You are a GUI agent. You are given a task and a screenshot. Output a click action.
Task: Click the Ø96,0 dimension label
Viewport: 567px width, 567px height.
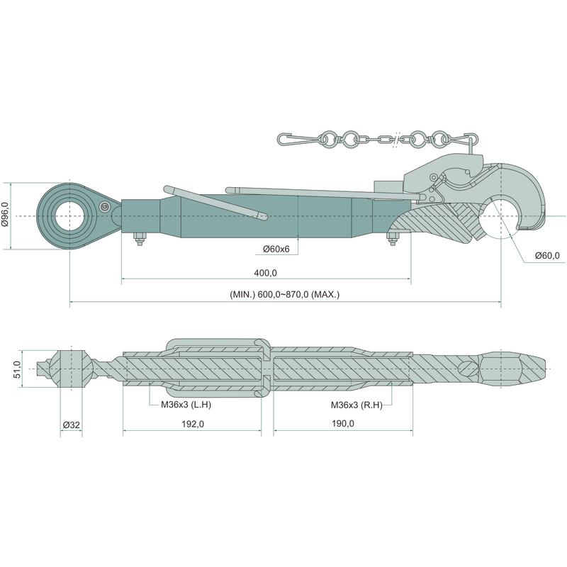click(5, 215)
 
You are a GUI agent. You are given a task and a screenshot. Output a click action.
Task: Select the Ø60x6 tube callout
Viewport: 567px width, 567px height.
click(276, 249)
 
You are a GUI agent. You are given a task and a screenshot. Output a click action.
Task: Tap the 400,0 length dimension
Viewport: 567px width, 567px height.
click(265, 273)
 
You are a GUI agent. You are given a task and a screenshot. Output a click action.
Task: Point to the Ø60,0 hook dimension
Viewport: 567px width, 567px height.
click(547, 256)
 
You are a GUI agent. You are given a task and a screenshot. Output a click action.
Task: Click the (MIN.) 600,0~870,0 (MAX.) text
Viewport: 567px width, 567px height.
click(285, 294)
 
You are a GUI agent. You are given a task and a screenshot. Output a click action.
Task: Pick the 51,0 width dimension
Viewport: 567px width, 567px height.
click(17, 369)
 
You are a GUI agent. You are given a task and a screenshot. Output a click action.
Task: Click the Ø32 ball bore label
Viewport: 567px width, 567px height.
click(72, 425)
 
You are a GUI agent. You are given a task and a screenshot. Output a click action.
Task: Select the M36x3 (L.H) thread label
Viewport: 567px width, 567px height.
click(186, 404)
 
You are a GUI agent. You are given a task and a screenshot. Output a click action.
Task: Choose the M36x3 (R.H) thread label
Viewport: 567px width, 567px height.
click(357, 405)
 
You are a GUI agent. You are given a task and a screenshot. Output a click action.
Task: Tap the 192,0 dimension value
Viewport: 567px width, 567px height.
click(192, 424)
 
